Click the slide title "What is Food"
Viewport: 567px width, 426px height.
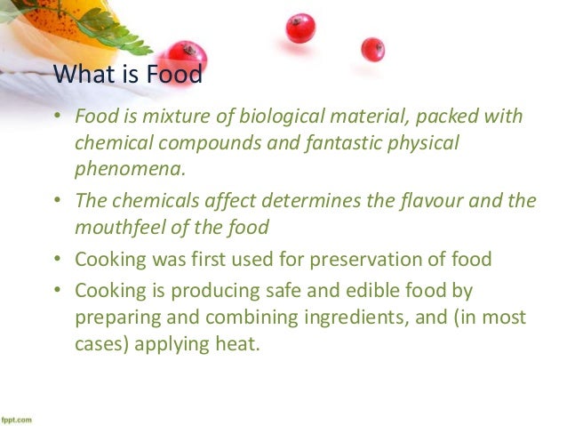128,76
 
